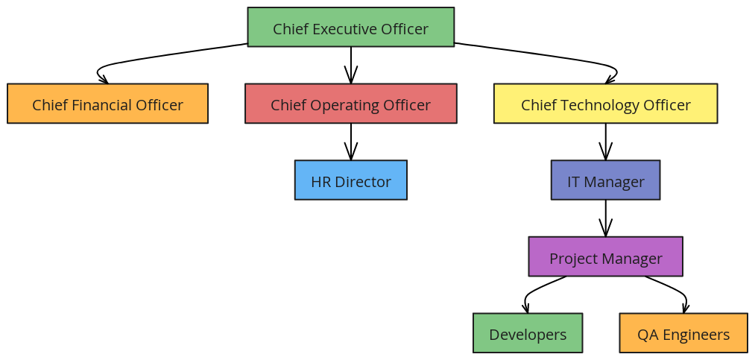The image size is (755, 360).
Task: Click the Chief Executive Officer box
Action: pyautogui.click(x=350, y=27)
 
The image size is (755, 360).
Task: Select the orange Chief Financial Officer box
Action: pyautogui.click(x=107, y=104)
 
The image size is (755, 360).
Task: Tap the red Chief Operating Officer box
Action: pyautogui.click(x=350, y=104)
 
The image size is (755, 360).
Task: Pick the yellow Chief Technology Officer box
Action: pyautogui.click(x=605, y=104)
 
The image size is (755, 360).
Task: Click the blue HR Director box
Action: pyautogui.click(x=350, y=180)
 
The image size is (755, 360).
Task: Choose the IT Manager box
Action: pyautogui.click(x=605, y=180)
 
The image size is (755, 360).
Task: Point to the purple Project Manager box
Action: pyautogui.click(x=605, y=256)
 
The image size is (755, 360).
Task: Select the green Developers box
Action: pyautogui.click(x=527, y=333)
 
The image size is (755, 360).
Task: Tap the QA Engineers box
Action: pyautogui.click(x=683, y=333)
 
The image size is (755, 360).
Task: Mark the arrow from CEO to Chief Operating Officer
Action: pyautogui.click(x=350, y=65)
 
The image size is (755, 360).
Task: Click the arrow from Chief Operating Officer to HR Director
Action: pyautogui.click(x=350, y=142)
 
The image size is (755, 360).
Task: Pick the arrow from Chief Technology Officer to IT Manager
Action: pyautogui.click(x=605, y=142)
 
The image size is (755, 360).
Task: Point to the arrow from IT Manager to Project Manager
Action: pyautogui.click(x=605, y=218)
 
